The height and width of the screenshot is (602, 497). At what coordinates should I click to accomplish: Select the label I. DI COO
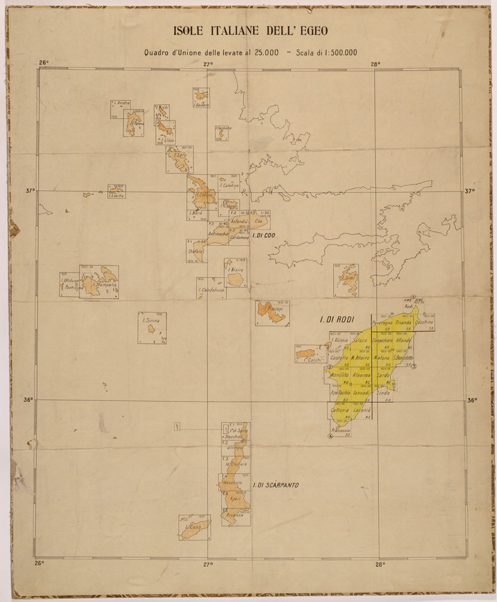263,236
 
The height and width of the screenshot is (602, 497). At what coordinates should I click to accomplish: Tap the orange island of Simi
345,279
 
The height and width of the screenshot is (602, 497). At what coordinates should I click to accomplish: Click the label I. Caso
195,528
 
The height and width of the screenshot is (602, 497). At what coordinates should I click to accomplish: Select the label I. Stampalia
103,285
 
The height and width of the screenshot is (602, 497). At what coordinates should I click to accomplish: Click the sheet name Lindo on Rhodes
384,394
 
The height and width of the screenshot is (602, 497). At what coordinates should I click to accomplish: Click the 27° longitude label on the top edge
208,64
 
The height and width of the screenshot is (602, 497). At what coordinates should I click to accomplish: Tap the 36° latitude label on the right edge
471,400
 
